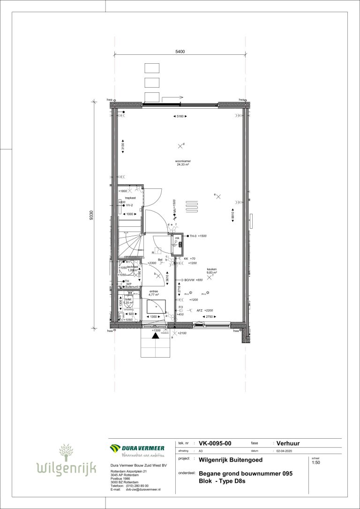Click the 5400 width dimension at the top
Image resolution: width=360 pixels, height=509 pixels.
tap(180, 52)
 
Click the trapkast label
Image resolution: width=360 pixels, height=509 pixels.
tap(123, 198)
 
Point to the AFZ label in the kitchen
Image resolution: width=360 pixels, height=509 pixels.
tap(200, 310)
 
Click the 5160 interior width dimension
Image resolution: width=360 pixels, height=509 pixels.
tap(180, 116)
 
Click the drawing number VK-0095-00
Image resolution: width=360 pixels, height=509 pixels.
tap(215, 443)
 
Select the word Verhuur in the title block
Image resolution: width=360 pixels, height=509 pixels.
tap(288, 443)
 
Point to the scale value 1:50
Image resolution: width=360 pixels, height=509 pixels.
tap(316, 463)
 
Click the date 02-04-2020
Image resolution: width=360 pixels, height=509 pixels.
tap(287, 450)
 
